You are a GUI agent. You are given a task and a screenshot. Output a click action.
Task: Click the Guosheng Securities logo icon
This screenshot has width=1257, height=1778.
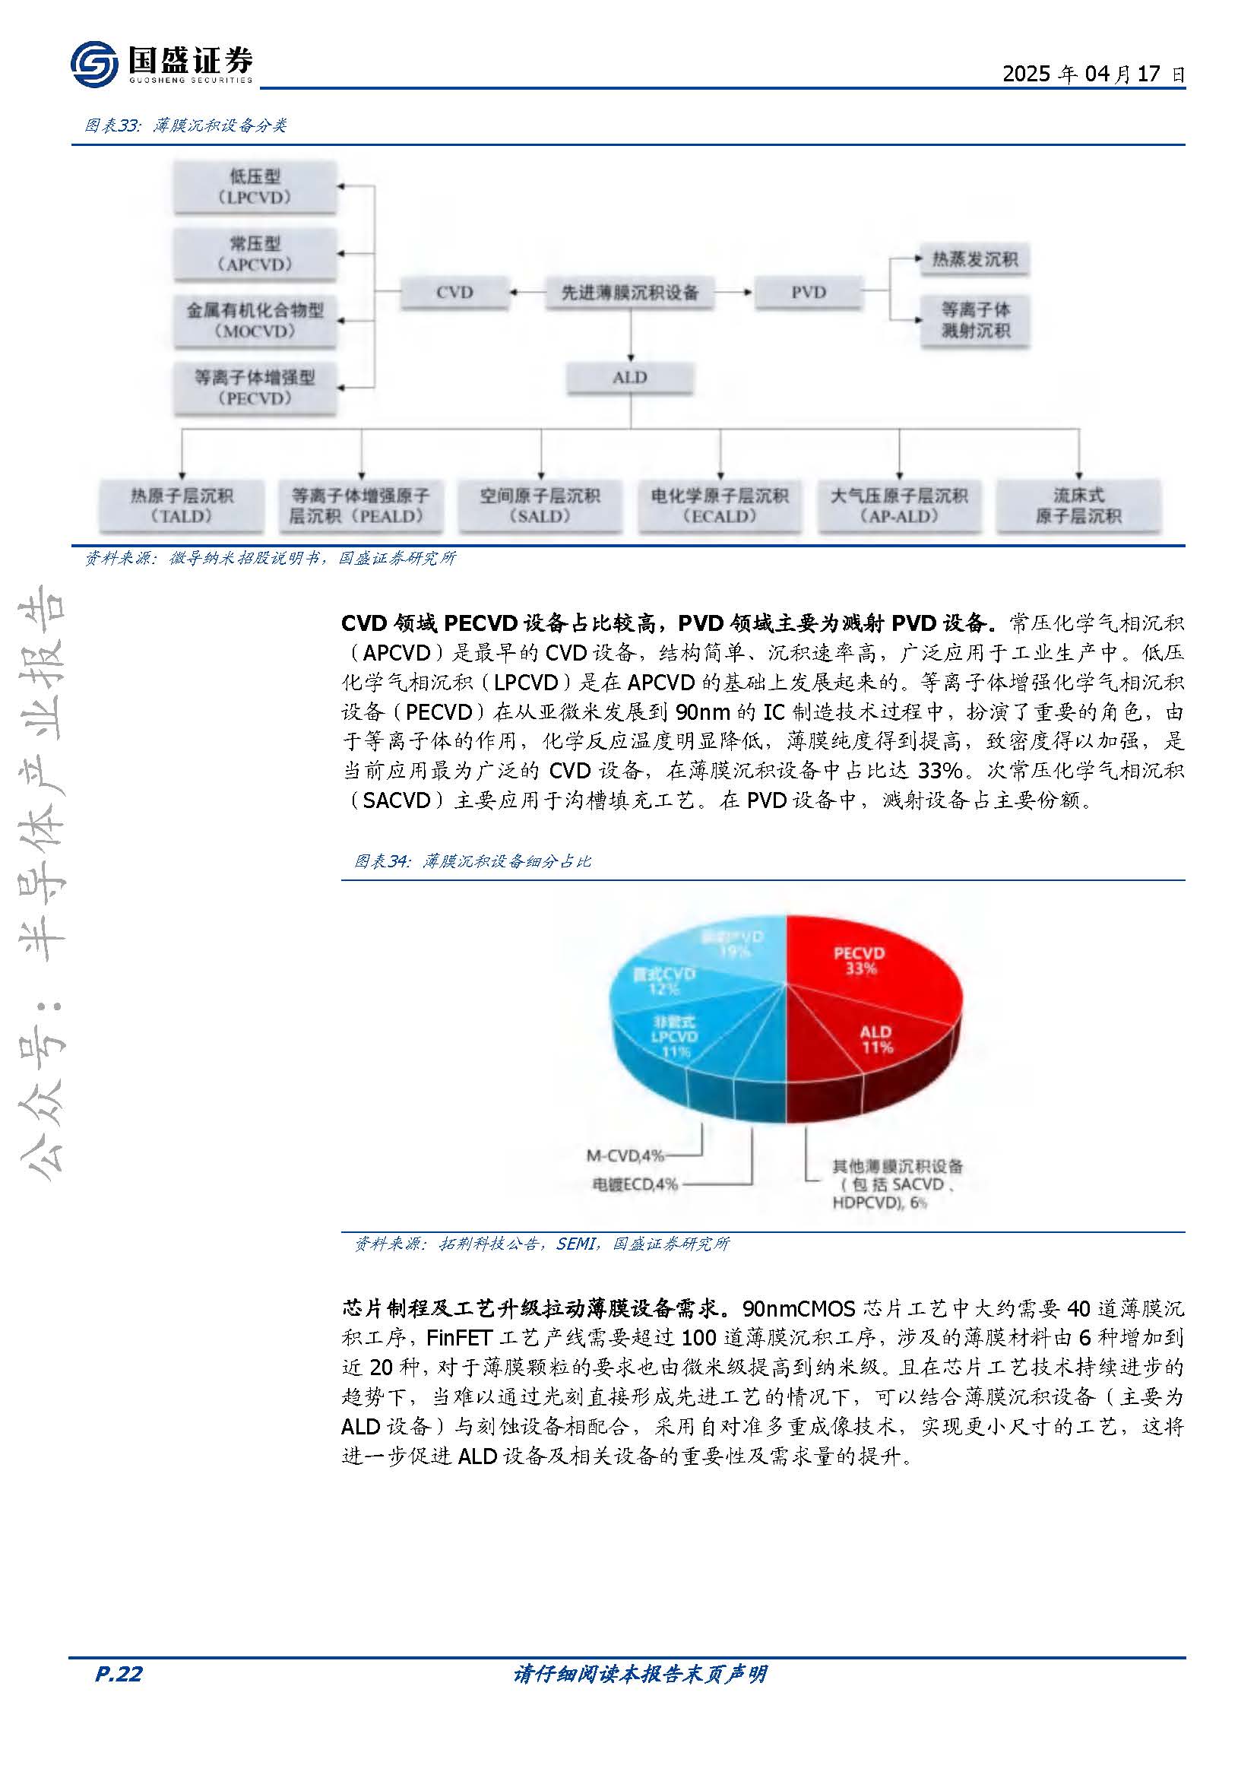[x=93, y=64]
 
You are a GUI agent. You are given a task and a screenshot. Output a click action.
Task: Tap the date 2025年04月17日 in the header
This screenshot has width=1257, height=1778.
[x=1093, y=74]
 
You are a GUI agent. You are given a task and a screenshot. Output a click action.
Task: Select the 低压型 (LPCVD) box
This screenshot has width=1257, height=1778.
[x=255, y=187]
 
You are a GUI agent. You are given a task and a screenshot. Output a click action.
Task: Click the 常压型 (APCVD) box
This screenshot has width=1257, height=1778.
[x=255, y=254]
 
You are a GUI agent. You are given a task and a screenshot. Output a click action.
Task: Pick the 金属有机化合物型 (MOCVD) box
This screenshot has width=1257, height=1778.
[x=255, y=321]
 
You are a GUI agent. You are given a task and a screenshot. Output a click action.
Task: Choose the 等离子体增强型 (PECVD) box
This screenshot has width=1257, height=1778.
[x=255, y=388]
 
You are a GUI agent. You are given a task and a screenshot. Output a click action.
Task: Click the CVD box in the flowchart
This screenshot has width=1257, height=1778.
[x=454, y=292]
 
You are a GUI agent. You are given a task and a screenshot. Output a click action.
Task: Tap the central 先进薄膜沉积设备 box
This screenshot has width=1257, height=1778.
[x=629, y=292]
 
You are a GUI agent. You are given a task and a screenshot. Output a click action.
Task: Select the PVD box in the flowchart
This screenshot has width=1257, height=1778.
[x=808, y=292]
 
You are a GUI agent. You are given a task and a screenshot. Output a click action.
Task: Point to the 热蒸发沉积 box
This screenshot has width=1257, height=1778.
[x=974, y=259]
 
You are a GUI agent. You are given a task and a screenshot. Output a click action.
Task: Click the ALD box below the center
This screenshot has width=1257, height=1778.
[x=629, y=378]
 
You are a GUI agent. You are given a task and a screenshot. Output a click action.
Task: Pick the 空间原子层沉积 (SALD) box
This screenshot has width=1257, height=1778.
[x=540, y=506]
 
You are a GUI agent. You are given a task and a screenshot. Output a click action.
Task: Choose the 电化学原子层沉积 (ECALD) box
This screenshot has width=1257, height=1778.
[x=719, y=506]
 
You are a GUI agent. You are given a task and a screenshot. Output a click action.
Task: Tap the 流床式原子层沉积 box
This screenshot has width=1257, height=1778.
[x=1078, y=506]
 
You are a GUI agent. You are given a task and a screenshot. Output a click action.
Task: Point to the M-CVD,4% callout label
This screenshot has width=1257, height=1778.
[x=625, y=1156]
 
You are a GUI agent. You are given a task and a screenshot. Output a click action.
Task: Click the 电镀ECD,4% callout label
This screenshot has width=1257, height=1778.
[x=634, y=1184]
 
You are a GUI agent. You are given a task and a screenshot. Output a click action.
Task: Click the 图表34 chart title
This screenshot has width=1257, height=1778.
[x=472, y=861]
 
